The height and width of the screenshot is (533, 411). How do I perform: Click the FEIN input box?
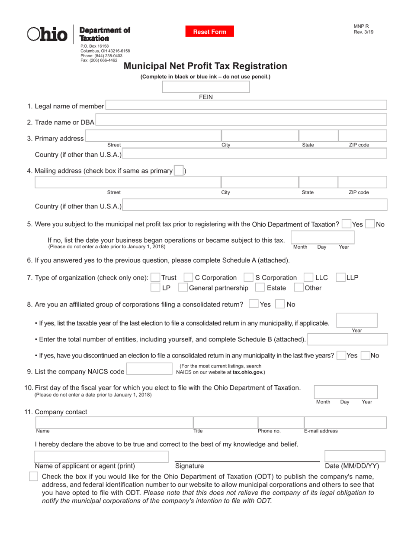(205, 87)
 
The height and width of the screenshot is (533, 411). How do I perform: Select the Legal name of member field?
(246, 106)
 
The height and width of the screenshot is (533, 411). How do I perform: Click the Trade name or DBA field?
(241, 122)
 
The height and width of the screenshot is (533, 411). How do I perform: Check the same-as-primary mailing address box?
(178, 171)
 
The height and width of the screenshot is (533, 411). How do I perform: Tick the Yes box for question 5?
(346, 224)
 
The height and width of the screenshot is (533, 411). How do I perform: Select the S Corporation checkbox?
(248, 277)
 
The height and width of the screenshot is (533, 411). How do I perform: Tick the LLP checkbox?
(340, 277)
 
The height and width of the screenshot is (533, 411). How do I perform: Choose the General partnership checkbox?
(183, 288)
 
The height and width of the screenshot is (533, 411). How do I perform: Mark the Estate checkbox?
(260, 288)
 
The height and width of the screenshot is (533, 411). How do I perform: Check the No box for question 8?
(280, 305)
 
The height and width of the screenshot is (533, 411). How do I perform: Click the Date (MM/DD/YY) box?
(352, 456)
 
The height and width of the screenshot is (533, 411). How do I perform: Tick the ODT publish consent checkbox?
(33, 477)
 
